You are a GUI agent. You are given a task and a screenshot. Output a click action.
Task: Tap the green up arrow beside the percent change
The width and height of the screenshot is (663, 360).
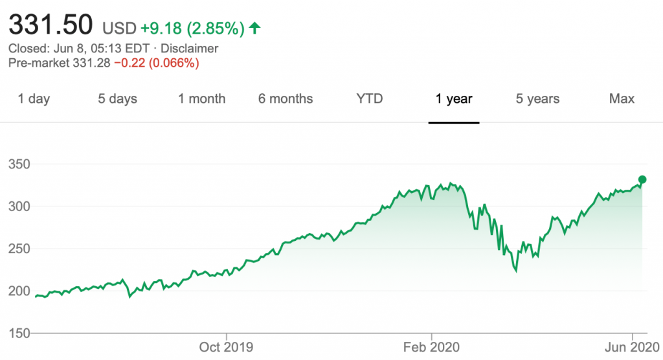[255, 28]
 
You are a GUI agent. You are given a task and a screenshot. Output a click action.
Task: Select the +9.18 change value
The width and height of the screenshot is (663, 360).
[158, 28]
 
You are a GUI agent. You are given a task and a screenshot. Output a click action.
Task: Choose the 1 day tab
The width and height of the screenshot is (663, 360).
[34, 99]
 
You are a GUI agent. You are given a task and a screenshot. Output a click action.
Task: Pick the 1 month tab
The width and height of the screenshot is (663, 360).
[202, 99]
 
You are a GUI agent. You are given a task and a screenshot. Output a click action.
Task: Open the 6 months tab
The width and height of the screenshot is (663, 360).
[286, 99]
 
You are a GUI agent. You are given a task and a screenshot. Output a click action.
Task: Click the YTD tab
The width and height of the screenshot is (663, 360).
[370, 99]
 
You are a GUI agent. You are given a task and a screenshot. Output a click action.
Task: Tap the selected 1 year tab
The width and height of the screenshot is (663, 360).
[454, 99]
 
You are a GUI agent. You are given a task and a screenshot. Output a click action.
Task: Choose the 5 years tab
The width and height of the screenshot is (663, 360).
[537, 99]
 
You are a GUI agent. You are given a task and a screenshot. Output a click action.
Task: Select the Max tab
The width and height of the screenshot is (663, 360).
[622, 99]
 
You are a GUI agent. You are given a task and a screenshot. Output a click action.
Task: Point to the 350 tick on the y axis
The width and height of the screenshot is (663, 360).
[19, 165]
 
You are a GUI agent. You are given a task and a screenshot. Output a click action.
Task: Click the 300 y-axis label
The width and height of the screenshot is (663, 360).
[19, 207]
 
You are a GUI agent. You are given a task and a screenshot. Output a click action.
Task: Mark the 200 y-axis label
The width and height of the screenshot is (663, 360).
[19, 291]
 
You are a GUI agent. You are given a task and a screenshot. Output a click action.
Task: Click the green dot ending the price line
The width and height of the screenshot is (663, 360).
[642, 179]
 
